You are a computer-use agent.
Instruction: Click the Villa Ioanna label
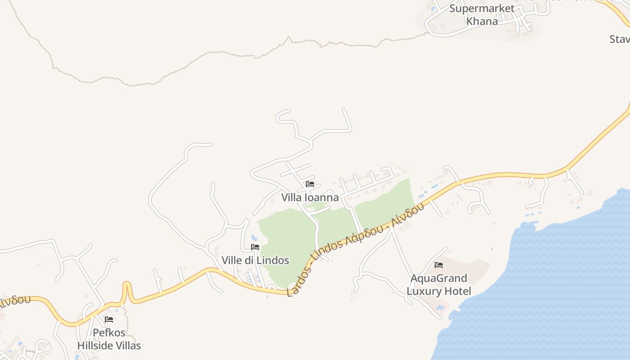coord(310,197)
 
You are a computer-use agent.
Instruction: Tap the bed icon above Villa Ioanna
coord(310,184)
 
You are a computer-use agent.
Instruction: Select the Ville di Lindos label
coord(255,260)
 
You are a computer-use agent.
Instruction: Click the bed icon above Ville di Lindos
coord(255,247)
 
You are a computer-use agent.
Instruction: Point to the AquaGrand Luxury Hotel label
coord(439,284)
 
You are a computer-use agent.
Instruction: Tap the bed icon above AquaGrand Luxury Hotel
coord(439,265)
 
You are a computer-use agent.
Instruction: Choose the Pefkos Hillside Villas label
coord(109,339)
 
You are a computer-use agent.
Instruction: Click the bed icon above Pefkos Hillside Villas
coord(109,319)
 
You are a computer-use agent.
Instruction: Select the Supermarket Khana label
coord(482,14)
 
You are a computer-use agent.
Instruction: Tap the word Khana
coord(482,21)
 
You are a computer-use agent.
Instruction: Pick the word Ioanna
coord(321,197)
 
